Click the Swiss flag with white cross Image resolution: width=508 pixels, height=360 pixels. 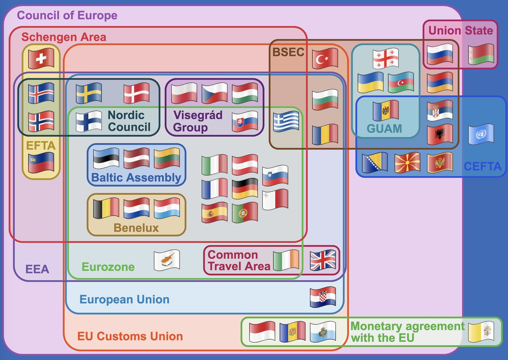tap(41, 58)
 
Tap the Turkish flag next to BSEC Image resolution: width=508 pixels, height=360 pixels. tap(325, 59)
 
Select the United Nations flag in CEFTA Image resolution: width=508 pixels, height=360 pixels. tap(481, 135)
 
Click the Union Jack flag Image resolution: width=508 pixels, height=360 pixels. tap(323, 260)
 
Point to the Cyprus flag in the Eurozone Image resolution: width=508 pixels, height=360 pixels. tap(167, 260)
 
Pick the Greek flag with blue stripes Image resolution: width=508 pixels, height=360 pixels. tap(286, 122)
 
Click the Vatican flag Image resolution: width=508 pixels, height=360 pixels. tap(481, 332)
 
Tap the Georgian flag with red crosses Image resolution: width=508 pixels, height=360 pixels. tap(386, 59)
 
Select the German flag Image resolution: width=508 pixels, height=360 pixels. tap(245, 188)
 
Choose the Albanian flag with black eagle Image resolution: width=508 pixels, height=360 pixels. tap(440, 135)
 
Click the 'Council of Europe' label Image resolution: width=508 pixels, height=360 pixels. tap(67, 16)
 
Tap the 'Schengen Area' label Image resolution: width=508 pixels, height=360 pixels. tap(63, 37)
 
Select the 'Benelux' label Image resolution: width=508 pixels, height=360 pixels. tap(136, 228)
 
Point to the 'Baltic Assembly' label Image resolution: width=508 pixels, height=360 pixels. tap(136, 177)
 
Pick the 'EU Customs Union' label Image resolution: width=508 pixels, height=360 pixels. tap(130, 337)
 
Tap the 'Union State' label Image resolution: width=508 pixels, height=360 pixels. tap(461, 30)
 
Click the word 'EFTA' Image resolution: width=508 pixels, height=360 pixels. tap(41, 146)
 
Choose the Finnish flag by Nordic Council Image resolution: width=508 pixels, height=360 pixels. tap(89, 121)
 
